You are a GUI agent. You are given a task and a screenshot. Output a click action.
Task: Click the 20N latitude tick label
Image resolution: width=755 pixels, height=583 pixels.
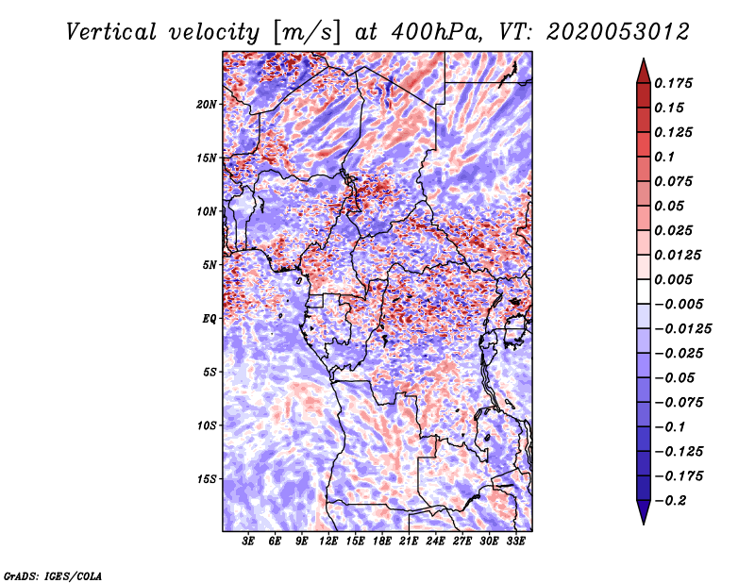(x=207, y=105)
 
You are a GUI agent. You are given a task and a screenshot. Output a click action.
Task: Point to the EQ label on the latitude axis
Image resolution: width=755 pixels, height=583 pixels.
(x=210, y=319)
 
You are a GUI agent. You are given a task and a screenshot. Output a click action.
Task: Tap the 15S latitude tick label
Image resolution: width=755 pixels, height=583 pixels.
(x=207, y=479)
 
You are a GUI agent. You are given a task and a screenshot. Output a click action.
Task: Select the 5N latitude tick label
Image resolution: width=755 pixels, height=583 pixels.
(x=210, y=265)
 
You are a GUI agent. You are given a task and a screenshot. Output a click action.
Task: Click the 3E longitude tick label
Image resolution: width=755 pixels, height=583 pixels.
(x=248, y=541)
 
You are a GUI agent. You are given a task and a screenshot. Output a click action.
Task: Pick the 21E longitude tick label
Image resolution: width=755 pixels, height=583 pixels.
(x=409, y=541)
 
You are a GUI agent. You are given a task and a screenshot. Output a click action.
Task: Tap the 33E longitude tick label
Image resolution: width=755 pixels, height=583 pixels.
(x=515, y=541)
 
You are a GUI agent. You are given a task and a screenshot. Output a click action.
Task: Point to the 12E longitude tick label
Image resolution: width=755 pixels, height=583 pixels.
(x=328, y=541)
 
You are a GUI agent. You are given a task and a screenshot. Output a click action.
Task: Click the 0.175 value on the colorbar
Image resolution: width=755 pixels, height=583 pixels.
(x=673, y=83)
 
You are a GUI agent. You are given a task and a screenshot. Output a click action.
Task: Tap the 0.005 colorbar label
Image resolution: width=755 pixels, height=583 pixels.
(x=673, y=279)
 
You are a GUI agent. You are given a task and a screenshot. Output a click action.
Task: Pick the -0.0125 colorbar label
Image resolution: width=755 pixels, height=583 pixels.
(x=683, y=329)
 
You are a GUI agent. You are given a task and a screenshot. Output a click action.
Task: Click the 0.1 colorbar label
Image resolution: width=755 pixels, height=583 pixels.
(x=664, y=157)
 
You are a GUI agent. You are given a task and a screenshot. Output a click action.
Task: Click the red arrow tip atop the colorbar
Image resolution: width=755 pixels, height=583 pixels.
(x=644, y=59)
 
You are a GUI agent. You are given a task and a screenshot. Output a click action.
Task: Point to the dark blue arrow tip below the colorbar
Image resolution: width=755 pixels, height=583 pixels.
(x=644, y=524)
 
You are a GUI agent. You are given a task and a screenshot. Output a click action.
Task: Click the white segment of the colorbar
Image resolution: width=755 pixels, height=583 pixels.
(x=644, y=291)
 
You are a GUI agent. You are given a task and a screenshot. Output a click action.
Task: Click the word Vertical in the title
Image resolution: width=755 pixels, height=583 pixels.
(x=111, y=32)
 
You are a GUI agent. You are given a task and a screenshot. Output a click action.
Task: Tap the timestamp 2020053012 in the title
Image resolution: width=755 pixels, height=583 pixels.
(x=618, y=32)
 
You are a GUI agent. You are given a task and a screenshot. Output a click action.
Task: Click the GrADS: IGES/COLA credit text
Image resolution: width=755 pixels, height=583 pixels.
(x=53, y=575)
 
